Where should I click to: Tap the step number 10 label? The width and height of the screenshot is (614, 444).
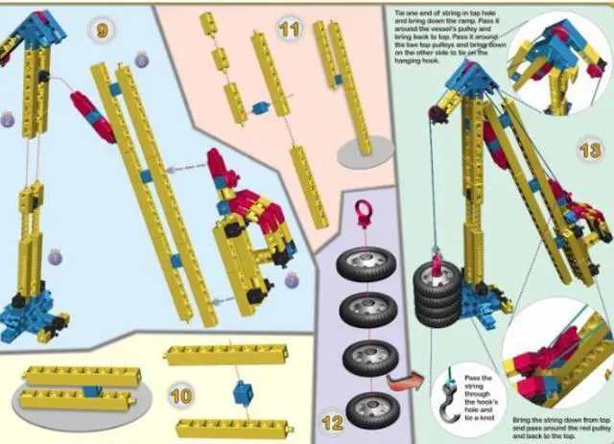pos(180,394)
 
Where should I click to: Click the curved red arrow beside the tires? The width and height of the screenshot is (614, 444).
pos(409,385)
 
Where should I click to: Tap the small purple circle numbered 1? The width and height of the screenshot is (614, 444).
pos(56,256)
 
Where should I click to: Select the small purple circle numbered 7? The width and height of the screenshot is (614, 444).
pos(291,282)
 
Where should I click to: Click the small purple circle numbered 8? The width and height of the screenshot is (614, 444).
pos(142,61)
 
